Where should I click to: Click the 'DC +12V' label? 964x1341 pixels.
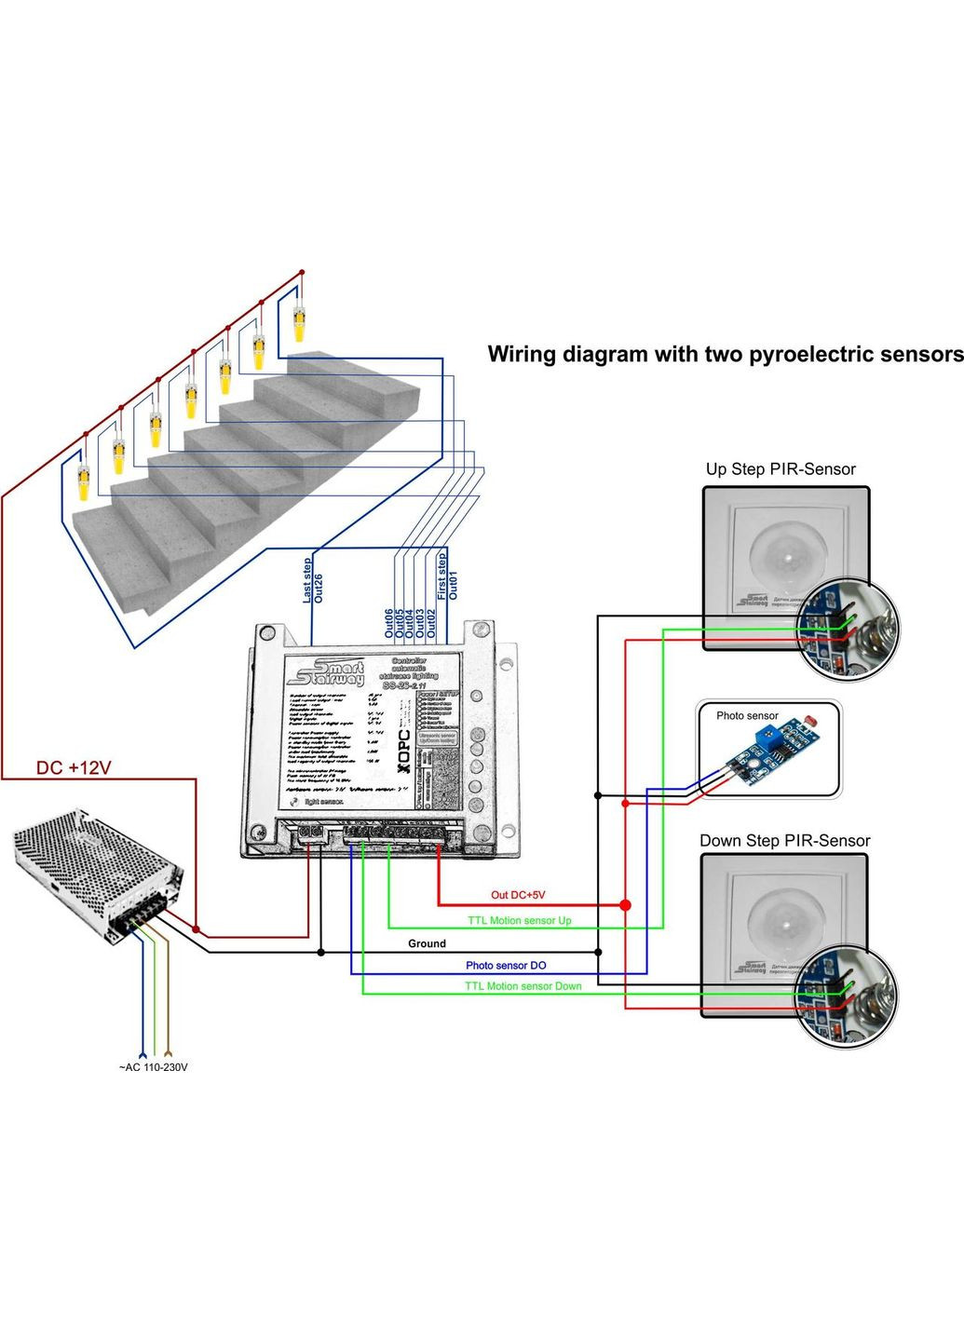[x=74, y=767]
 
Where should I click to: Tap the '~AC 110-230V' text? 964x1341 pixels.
[x=153, y=1067]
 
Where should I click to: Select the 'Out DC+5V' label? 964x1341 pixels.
[x=518, y=895]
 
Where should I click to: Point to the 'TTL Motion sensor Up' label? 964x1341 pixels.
[x=519, y=920]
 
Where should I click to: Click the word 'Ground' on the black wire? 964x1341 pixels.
[x=427, y=943]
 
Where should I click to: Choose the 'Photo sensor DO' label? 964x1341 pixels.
[x=506, y=966]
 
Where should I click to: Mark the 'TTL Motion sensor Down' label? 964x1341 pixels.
[x=523, y=986]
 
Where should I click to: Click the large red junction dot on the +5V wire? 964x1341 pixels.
[x=625, y=905]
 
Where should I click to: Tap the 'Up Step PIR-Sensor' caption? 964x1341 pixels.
[x=780, y=469]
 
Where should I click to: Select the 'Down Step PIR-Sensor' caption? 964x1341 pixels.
[x=784, y=841]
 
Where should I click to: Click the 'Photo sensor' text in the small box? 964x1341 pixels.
[x=747, y=716]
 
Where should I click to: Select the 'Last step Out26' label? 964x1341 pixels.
[x=313, y=580]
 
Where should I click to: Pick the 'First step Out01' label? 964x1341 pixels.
[x=447, y=576]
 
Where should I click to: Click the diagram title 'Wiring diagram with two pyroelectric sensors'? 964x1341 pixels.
[x=725, y=355]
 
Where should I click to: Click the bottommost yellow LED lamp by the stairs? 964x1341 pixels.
[x=83, y=483]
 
